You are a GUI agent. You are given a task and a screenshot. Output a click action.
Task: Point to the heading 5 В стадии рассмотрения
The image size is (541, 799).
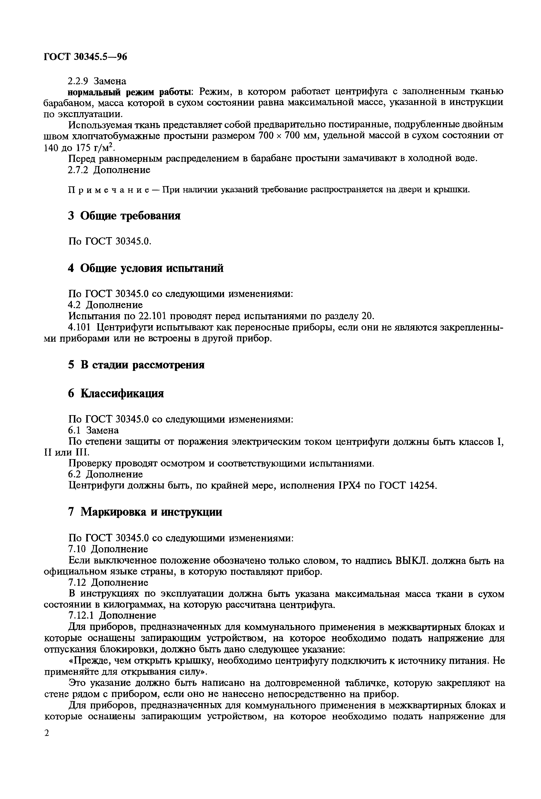click(136, 365)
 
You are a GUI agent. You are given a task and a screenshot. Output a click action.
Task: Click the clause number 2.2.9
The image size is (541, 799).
click(78, 81)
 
